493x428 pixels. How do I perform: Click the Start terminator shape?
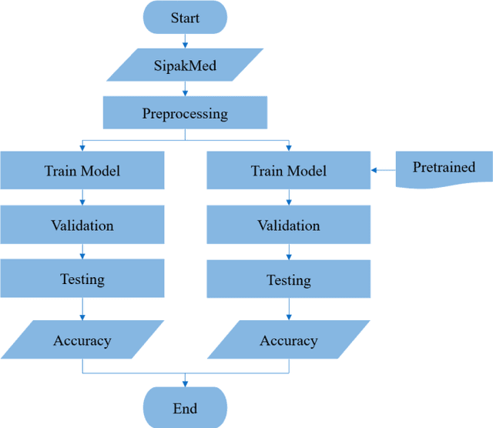pyautogui.click(x=185, y=17)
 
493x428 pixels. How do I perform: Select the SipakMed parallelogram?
pyautogui.click(x=185, y=65)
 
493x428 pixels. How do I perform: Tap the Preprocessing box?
pyautogui.click(x=185, y=114)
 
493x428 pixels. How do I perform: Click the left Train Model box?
pyautogui.click(x=82, y=170)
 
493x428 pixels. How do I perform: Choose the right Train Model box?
pyautogui.click(x=289, y=170)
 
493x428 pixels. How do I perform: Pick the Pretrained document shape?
pyautogui.click(x=444, y=168)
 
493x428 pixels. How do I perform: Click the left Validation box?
pyautogui.click(x=82, y=225)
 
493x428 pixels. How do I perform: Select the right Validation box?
pyautogui.click(x=289, y=225)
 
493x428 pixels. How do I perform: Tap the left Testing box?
pyautogui.click(x=82, y=279)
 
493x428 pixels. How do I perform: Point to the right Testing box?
pyautogui.click(x=289, y=279)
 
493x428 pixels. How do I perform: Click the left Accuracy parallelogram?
pyautogui.click(x=82, y=340)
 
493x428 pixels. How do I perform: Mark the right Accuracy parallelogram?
pyautogui.click(x=289, y=340)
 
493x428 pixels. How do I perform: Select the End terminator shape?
pyautogui.click(x=185, y=408)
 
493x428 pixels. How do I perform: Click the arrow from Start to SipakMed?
pyautogui.click(x=185, y=42)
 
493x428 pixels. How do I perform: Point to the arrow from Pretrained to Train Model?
pyautogui.click(x=383, y=170)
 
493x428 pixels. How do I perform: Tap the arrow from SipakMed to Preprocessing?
pyautogui.click(x=185, y=91)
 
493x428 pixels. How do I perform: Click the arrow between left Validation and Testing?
pyautogui.click(x=82, y=252)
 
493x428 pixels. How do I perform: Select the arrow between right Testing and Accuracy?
pyautogui.click(x=289, y=309)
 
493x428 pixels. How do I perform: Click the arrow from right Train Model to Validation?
pyautogui.click(x=289, y=198)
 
